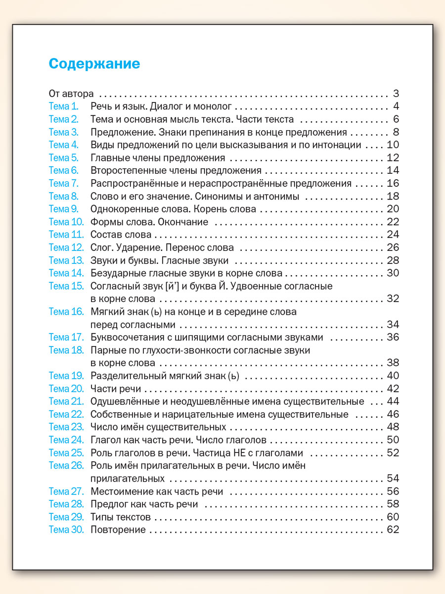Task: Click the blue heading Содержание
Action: point(94,64)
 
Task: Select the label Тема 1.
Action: point(64,106)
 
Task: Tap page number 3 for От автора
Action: point(396,94)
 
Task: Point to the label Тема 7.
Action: point(64,184)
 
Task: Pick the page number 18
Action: point(393,197)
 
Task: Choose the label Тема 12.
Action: point(66,247)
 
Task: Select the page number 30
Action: point(393,273)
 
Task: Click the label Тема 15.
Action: point(66,286)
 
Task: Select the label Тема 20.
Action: point(66,389)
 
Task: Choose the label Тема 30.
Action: point(66,530)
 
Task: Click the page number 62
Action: point(393,530)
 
